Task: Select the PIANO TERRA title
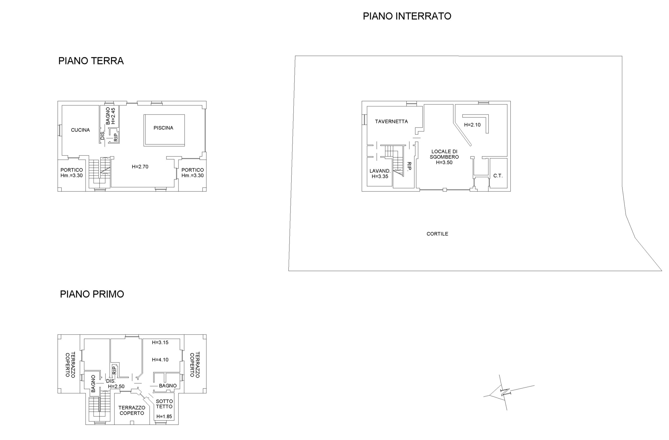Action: pos(91,61)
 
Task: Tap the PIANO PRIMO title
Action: pos(92,294)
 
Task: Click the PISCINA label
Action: pos(163,128)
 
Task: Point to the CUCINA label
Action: pos(80,130)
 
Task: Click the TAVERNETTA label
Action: pos(391,122)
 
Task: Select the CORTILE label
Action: pos(437,234)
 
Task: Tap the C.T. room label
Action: pos(498,176)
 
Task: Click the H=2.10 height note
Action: pos(472,125)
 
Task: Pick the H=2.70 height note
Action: pos(140,167)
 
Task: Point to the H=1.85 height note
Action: pos(164,417)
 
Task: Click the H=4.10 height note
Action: pos(160,360)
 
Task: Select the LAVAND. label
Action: pos(380,171)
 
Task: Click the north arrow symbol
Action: pos(505,392)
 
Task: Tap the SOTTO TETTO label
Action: pos(164,404)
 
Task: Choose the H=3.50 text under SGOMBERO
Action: pos(444,162)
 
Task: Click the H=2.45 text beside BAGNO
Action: pos(113,116)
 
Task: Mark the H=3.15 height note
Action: pos(160,343)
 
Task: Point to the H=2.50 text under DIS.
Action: pos(116,387)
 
